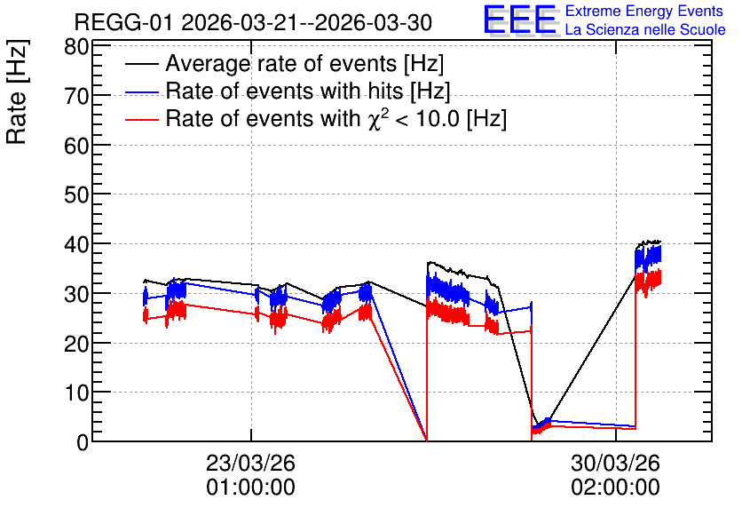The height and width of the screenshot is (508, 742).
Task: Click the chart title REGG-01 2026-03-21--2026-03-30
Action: click(x=253, y=22)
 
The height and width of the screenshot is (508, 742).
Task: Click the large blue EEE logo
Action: click(x=520, y=20)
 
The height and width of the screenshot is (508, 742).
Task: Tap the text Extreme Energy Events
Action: click(x=644, y=11)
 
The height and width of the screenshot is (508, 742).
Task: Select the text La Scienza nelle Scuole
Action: click(x=645, y=29)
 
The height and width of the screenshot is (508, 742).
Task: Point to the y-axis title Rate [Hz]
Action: click(x=17, y=91)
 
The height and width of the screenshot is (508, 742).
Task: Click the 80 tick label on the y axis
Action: click(x=76, y=47)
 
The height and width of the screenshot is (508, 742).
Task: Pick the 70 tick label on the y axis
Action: click(x=76, y=97)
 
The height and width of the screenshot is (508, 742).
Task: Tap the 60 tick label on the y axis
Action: click(x=76, y=146)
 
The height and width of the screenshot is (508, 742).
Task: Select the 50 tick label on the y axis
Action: click(x=76, y=195)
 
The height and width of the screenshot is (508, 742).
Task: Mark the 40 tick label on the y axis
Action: click(x=76, y=244)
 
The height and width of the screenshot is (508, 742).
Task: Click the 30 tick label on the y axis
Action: click(x=76, y=294)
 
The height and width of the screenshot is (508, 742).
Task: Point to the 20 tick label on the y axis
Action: click(x=76, y=343)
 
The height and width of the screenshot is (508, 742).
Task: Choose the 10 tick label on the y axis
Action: click(x=76, y=393)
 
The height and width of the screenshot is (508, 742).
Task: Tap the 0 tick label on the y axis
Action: click(x=83, y=442)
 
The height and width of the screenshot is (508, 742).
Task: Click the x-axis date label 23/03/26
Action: click(x=250, y=463)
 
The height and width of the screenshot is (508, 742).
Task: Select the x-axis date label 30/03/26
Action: click(x=615, y=463)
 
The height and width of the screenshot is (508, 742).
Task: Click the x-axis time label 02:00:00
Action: click(x=615, y=488)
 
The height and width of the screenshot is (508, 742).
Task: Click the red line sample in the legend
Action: click(x=141, y=120)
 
